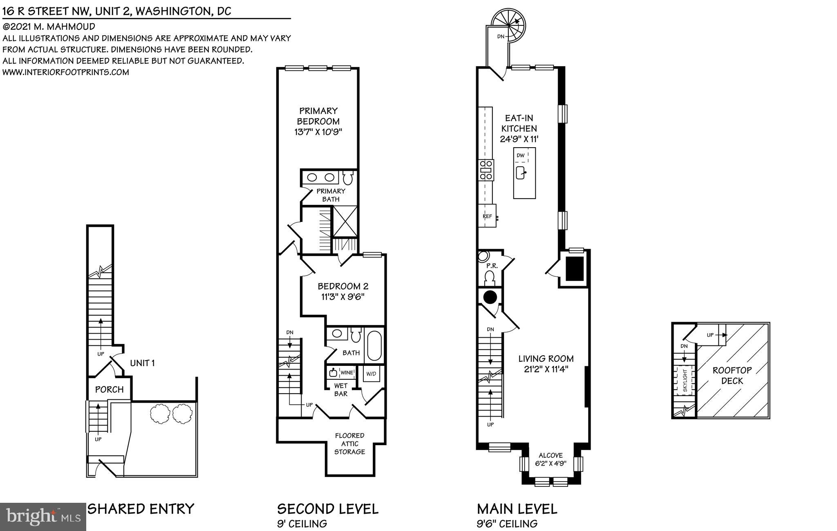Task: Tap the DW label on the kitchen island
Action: (x=520, y=155)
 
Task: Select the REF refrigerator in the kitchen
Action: (x=487, y=216)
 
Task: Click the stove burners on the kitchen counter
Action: (x=486, y=170)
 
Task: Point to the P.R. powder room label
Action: (x=492, y=266)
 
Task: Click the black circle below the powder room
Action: (x=490, y=297)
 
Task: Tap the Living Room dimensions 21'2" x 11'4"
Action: (x=546, y=369)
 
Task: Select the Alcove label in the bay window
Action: (x=551, y=455)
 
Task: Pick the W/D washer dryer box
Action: (x=371, y=374)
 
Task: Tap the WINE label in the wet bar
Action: (x=347, y=373)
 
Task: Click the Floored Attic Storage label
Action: (x=349, y=444)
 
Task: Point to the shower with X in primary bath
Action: (x=345, y=222)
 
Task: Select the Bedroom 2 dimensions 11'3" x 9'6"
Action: (x=342, y=297)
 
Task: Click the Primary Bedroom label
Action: (x=318, y=116)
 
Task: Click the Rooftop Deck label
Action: (x=732, y=375)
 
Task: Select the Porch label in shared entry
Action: (x=109, y=390)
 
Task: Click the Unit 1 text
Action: (x=142, y=363)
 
